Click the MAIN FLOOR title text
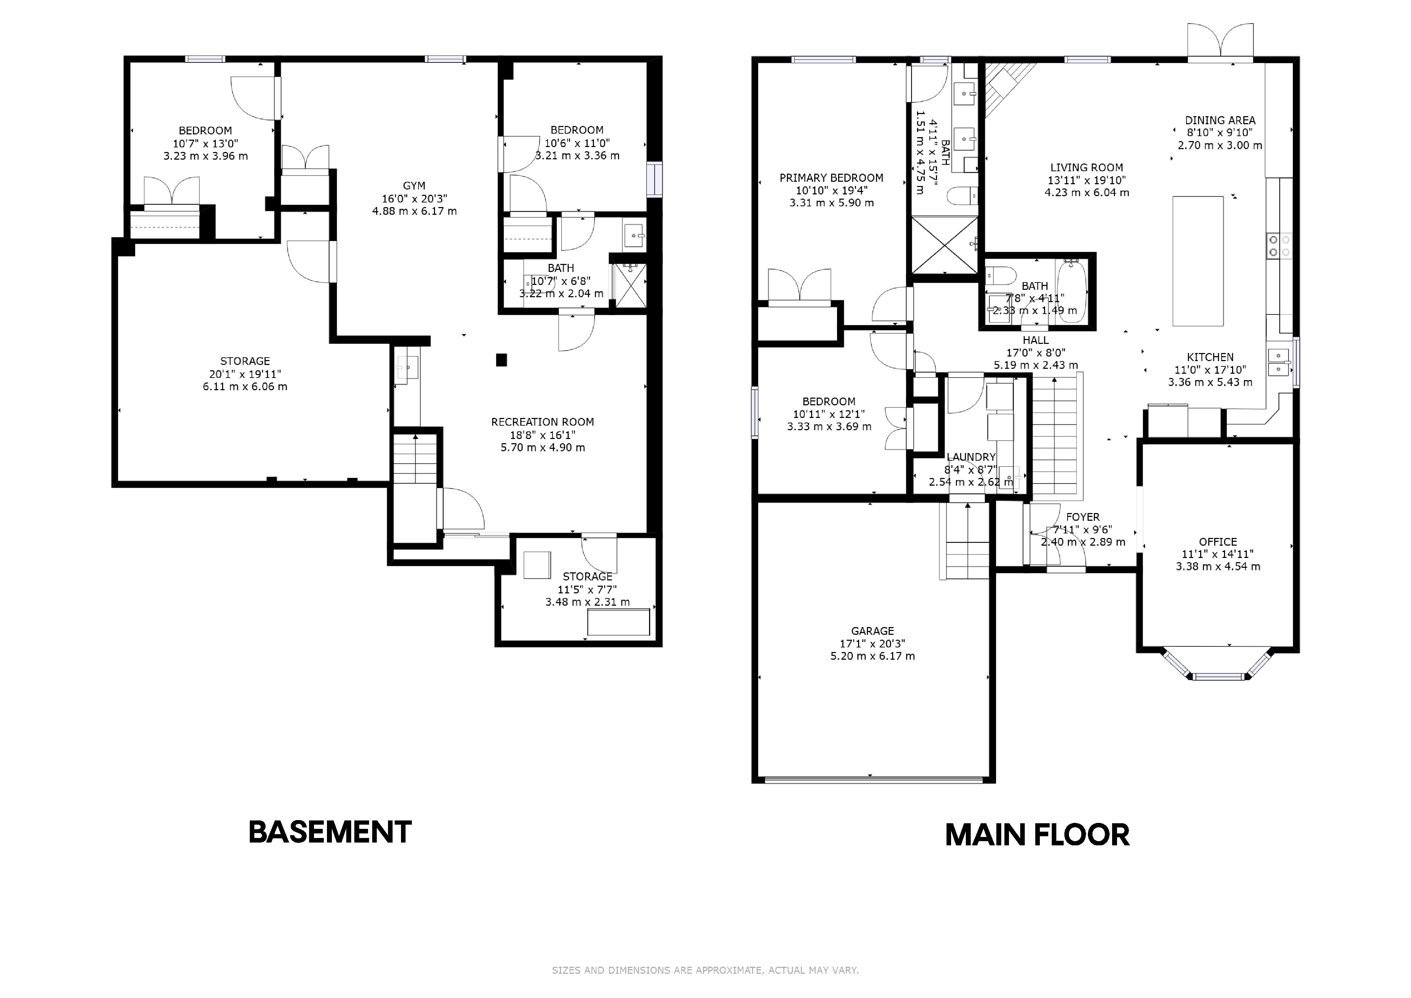click(1037, 835)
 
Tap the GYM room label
click(414, 186)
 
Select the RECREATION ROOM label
click(543, 422)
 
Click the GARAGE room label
click(872, 631)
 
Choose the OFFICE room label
click(1218, 542)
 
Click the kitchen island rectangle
click(1198, 261)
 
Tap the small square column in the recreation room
click(501, 360)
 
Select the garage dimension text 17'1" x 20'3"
click(872, 644)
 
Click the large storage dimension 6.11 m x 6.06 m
click(245, 387)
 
